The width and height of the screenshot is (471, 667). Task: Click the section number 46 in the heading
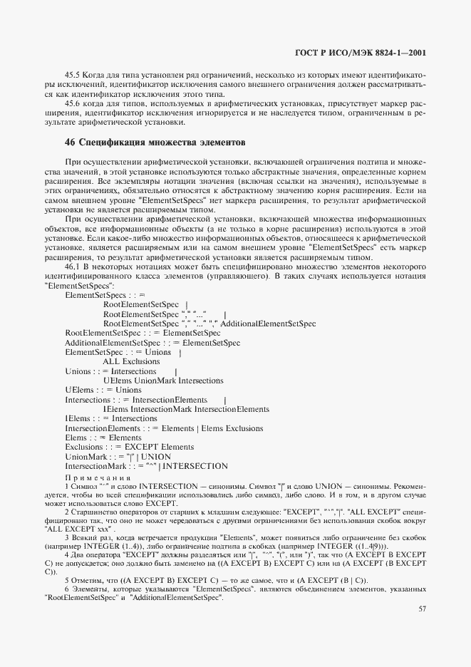click(x=70, y=142)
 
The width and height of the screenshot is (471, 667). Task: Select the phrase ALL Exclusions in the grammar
click(x=131, y=361)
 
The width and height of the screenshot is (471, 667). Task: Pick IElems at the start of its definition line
click(x=75, y=418)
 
